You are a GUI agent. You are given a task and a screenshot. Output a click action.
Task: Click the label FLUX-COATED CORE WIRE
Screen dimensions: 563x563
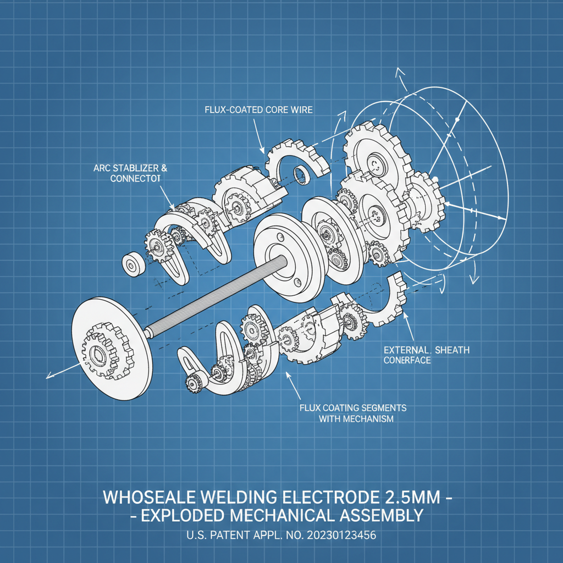258,110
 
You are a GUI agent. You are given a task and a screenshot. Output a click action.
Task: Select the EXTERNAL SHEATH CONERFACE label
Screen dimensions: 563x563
427,355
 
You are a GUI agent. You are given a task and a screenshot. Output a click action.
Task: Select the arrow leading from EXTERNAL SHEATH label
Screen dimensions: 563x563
409,328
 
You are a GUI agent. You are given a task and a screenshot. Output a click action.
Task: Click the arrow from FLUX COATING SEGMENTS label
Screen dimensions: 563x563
292,385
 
